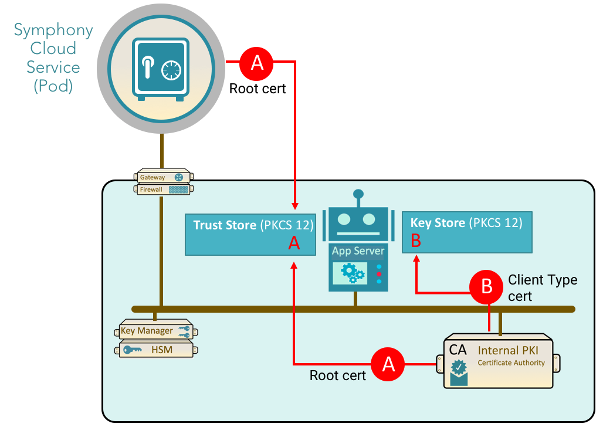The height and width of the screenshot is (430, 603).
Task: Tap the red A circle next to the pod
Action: pos(258,62)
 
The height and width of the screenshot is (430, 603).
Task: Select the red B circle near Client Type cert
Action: pos(487,286)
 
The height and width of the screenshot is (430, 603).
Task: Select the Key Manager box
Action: pos(155,331)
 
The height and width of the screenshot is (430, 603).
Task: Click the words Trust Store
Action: pos(225,225)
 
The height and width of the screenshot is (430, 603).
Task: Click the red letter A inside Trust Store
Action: pos(294,243)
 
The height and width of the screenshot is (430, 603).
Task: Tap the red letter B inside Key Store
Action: pos(416,241)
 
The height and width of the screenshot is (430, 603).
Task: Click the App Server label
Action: pos(358,251)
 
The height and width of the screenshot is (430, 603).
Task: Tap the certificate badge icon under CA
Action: pos(459,372)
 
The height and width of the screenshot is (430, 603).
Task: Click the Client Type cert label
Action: pos(542,287)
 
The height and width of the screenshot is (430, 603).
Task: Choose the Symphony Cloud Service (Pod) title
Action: pos(53,57)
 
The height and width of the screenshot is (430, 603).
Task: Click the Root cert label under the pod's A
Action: pos(258,89)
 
